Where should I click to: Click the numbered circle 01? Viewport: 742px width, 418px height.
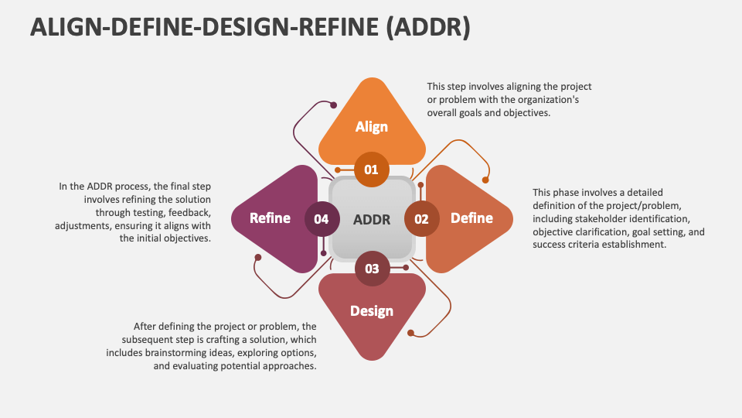pos(372,170)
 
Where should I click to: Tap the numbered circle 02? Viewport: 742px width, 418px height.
pos(422,219)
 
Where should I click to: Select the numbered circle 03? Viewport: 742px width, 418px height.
pos(373,269)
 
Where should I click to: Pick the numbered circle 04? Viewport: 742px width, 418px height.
pos(322,219)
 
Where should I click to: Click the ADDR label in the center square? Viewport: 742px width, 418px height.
pos(372,220)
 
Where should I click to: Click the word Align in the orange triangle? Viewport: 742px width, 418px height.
pos(372,127)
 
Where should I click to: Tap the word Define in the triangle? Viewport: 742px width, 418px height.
pos(471,218)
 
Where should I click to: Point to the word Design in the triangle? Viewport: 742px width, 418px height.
pos(372,311)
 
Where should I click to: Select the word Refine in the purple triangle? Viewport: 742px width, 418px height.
pos(270,218)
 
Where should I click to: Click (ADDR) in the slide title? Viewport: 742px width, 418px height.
pos(428,26)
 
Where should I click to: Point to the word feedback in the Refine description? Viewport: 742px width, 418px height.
pos(190,213)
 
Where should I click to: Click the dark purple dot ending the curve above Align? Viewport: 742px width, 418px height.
pos(334,105)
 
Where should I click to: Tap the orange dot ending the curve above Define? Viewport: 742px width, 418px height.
pos(485,180)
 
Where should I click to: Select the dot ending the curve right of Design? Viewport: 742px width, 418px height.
pos(410,333)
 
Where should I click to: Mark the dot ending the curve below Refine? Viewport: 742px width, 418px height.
pos(258,257)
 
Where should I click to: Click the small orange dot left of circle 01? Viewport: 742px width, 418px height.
pos(338,170)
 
